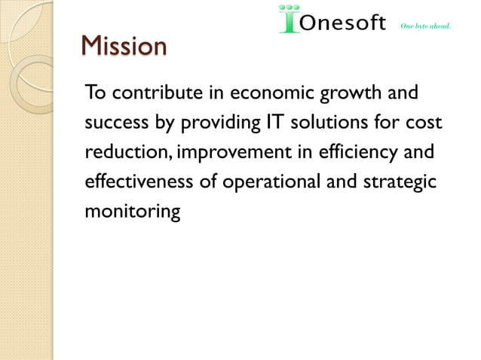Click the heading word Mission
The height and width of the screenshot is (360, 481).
coord(124,47)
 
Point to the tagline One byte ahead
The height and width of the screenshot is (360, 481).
coord(427,26)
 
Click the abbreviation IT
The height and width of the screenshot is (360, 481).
coord(274,123)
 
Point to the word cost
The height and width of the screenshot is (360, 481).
coord(423,123)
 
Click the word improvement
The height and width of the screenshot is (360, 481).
coord(237,154)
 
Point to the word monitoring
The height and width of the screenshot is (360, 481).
coord(132,212)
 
